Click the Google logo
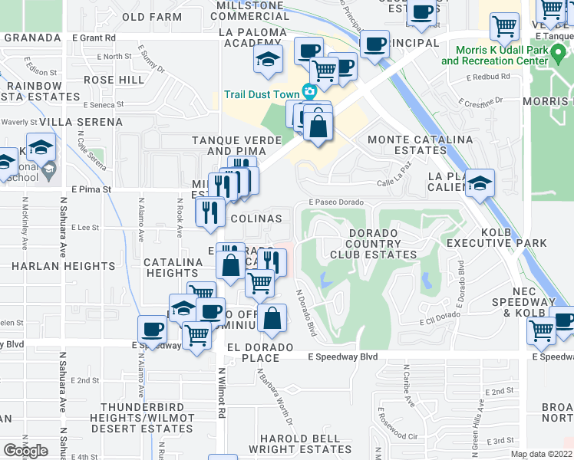(x=25, y=451)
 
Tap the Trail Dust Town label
(x=261, y=94)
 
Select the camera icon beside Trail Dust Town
(x=309, y=92)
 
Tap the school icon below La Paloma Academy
(x=268, y=59)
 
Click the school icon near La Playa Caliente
(x=480, y=184)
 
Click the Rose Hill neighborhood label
(x=114, y=80)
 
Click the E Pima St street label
(x=91, y=189)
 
